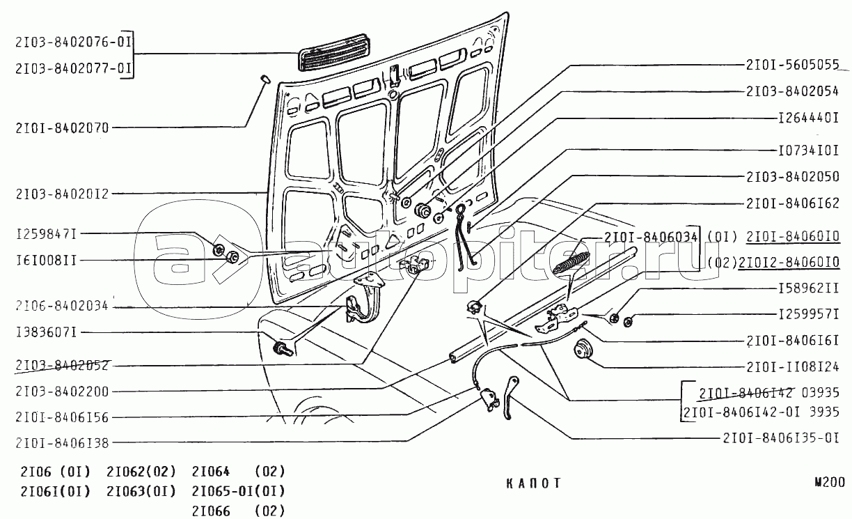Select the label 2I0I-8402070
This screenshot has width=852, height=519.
(61, 127)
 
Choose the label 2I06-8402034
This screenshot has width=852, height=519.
(61, 307)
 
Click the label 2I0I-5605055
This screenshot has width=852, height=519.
(791, 66)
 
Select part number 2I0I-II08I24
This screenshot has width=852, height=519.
(792, 366)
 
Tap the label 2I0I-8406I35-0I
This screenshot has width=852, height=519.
(780, 438)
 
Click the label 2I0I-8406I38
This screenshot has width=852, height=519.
(61, 442)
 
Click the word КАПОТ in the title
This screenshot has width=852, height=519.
(533, 483)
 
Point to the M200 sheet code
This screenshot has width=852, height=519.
(830, 481)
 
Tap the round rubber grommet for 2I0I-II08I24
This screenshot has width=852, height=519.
(581, 349)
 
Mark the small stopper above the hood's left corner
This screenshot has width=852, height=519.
(265, 77)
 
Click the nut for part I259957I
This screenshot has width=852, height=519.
(627, 321)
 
